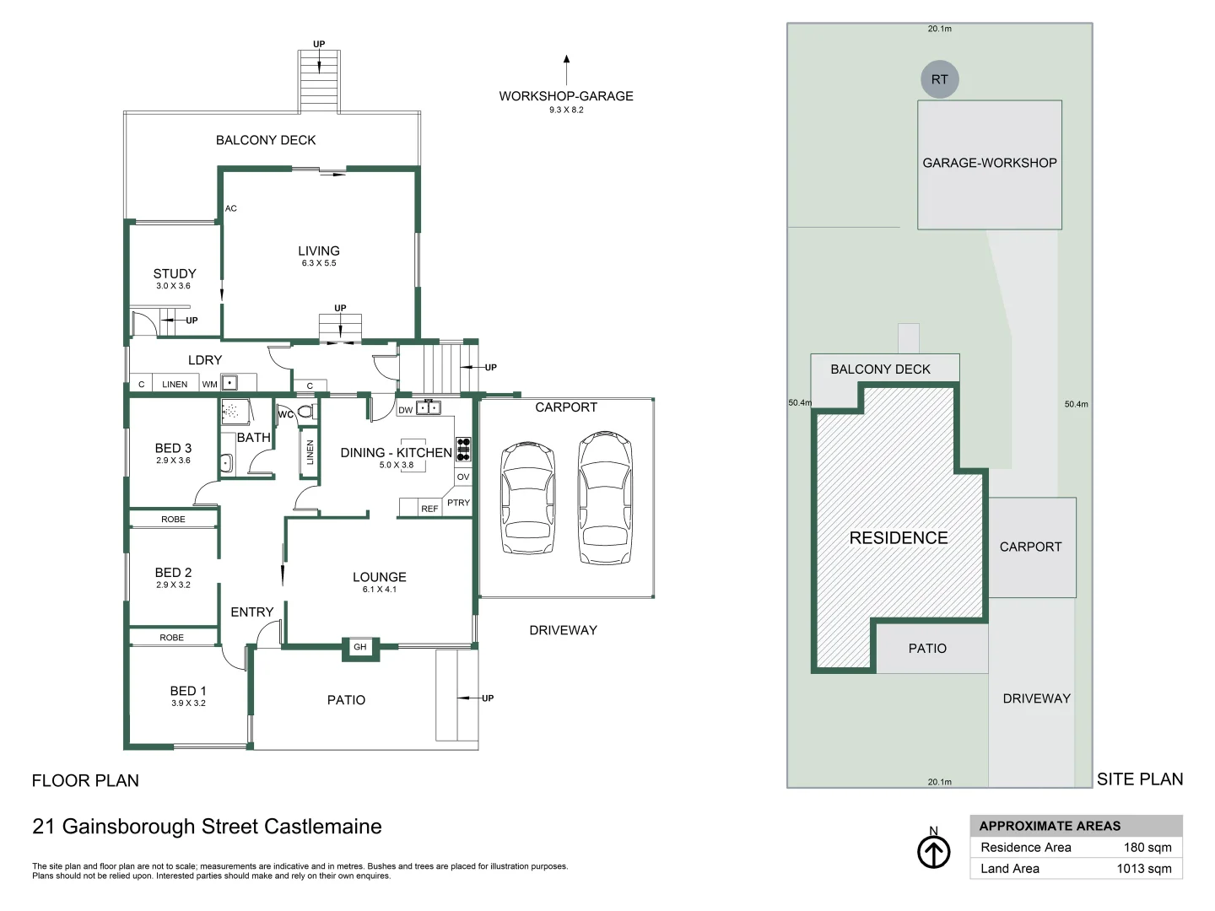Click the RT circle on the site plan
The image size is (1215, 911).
pos(939,79)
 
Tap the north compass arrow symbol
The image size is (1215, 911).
pos(933,852)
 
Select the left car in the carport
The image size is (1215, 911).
pos(528,498)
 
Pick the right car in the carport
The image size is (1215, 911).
pos(605,498)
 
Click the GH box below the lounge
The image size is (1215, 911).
pos(360,647)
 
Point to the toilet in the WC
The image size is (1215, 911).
pos(305,412)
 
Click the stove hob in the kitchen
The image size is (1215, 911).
pos(463,449)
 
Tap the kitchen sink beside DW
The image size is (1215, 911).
pos(429,409)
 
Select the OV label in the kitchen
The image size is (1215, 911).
pos(463,477)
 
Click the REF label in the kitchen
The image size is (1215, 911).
pos(429,509)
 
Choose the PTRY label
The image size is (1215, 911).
pos(458,503)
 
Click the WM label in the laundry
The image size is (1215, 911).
pos(209,385)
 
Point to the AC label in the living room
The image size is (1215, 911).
pos(231,208)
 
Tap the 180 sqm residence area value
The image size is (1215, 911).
pos(1147,848)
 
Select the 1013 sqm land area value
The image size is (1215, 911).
pos(1143,869)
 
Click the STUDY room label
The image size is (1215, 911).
pos(175,274)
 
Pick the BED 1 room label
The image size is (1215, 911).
pos(188,691)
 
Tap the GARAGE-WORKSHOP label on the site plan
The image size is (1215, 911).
pos(990,163)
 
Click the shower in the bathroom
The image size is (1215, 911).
pos(235,411)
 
